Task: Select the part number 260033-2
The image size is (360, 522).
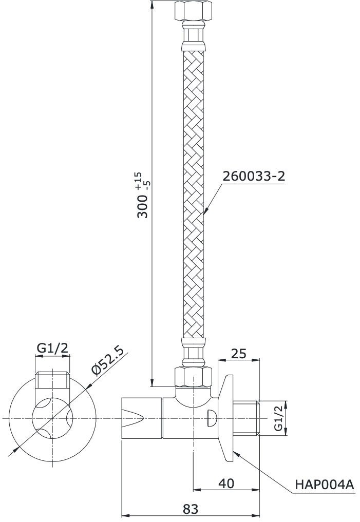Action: coord(253,176)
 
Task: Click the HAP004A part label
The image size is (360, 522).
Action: coord(325,484)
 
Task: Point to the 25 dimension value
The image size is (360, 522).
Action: coord(238,354)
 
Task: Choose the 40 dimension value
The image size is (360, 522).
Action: coord(226,483)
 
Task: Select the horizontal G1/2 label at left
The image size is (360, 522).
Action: coord(52,348)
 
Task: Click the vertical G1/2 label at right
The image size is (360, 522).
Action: coord(278,418)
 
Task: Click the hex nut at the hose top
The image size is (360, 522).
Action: coord(193,11)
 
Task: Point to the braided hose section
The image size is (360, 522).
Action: coord(193,195)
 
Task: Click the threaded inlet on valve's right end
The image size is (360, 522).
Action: coord(249,418)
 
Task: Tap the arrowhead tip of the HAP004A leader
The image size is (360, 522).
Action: coord(234,452)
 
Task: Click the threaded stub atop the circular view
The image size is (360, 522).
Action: coord(51,380)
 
